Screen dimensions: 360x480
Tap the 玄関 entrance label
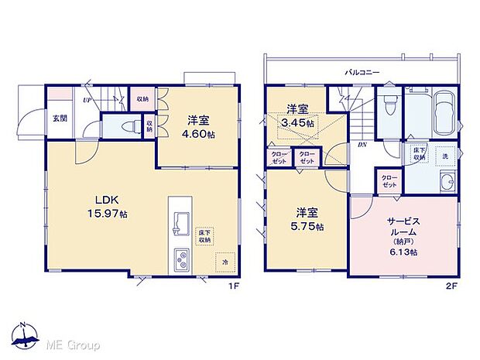point(59,118)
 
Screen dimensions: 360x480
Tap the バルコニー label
point(362,72)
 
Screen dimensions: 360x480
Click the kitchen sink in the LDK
point(180,224)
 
